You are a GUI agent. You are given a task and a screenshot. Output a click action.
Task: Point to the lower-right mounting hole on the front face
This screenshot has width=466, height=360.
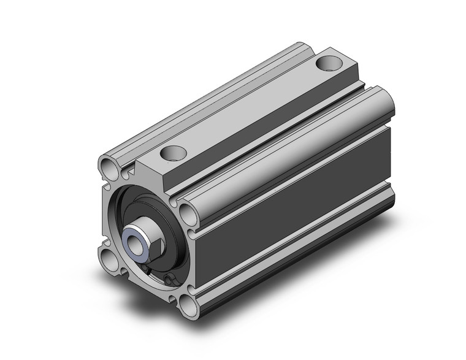pos(186,302)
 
